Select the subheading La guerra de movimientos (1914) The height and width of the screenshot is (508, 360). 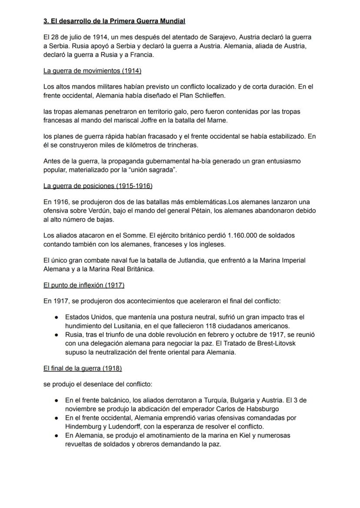point(92,70)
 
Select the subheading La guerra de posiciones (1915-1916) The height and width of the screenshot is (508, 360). point(98,186)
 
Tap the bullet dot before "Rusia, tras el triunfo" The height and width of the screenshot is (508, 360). point(57,335)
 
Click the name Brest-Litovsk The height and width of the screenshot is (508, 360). point(271,343)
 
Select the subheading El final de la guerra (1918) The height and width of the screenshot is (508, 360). point(83,368)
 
